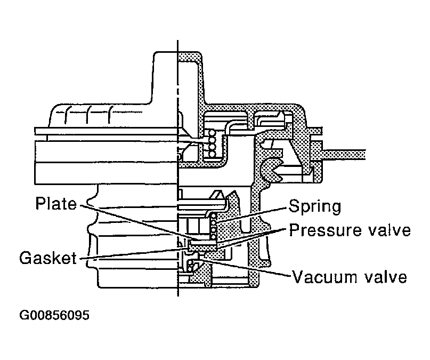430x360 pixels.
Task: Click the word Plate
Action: click(x=56, y=205)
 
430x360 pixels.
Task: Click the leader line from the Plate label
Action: click(x=133, y=221)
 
